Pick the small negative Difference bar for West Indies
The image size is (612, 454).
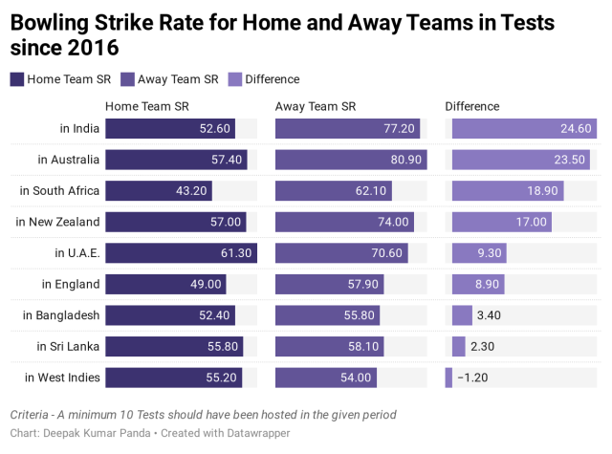pyautogui.click(x=448, y=378)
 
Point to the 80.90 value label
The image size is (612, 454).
pyautogui.click(x=403, y=160)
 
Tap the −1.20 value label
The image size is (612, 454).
pyautogui.click(x=472, y=378)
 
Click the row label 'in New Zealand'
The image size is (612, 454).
pyautogui.click(x=57, y=222)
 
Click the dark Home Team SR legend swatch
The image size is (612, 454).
pyautogui.click(x=17, y=79)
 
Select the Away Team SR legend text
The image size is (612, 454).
pyautogui.click(x=178, y=79)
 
